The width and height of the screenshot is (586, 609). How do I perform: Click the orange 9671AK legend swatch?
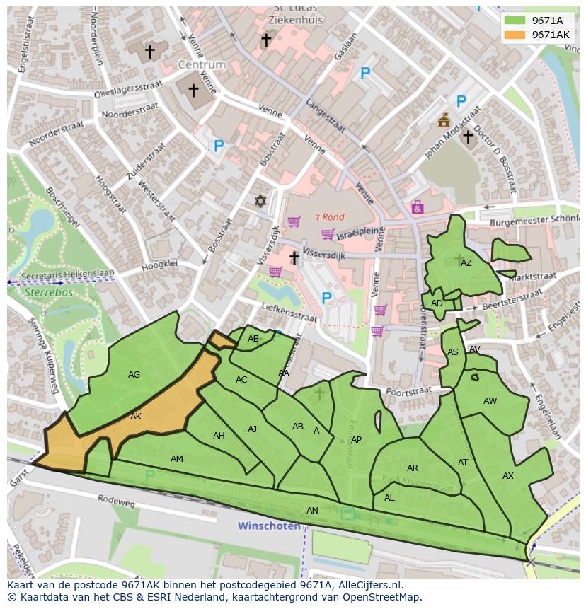point(515,35)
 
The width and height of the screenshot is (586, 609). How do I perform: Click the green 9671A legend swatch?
point(515,21)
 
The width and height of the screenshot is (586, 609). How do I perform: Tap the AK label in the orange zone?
point(136,417)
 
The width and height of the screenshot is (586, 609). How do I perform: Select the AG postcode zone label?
point(134,375)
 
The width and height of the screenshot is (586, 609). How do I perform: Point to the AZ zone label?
point(466,263)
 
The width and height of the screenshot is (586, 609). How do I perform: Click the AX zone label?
point(507,476)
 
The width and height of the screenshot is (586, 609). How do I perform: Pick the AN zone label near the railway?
point(312,510)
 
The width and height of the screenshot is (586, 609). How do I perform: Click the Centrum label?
point(202,65)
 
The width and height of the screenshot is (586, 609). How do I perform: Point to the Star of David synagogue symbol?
point(260,202)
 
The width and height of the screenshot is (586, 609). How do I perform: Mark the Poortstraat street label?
point(409,390)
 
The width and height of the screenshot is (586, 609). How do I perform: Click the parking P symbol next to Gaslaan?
point(365,73)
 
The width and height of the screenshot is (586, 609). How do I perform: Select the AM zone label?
point(177,459)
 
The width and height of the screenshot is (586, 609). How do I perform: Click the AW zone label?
point(490,401)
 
